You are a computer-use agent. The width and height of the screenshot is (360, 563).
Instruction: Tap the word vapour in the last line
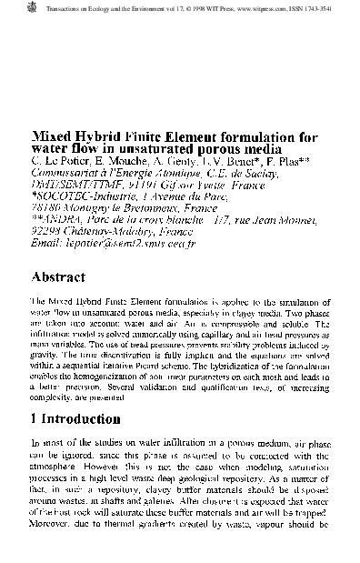pyautogui.click(x=281, y=548)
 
